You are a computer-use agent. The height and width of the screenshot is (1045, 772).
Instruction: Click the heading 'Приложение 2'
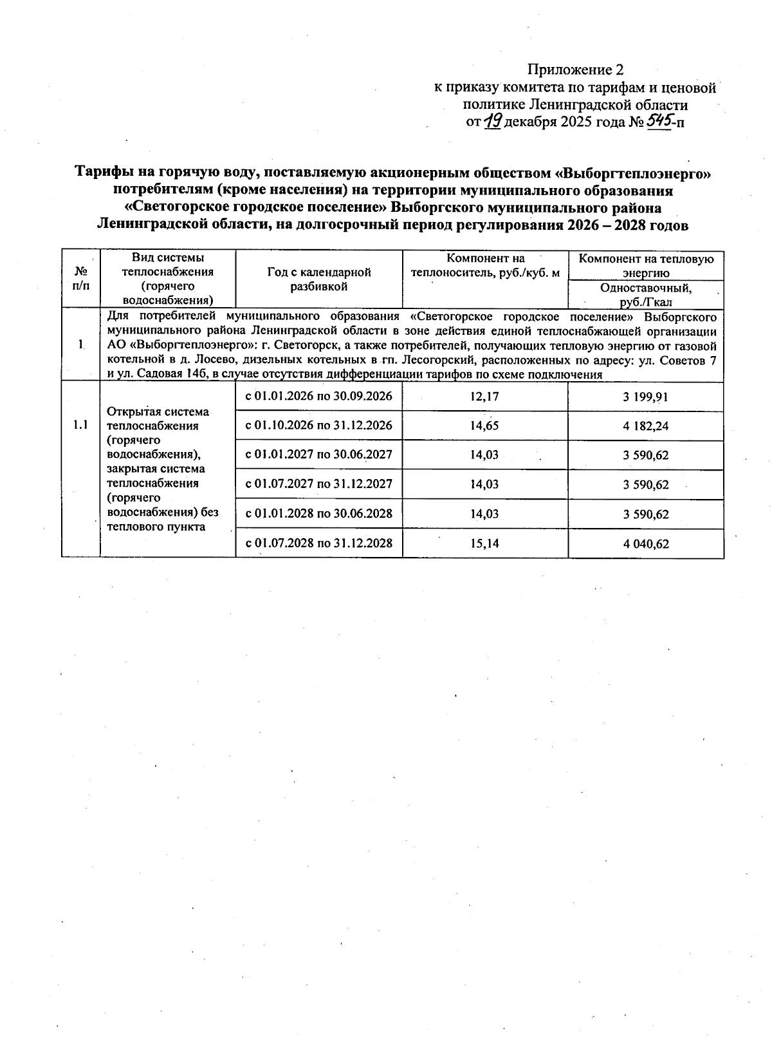click(575, 70)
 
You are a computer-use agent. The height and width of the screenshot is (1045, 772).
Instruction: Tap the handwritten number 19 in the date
click(492, 120)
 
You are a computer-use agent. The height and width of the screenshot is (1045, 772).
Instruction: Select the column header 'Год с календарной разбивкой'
click(319, 279)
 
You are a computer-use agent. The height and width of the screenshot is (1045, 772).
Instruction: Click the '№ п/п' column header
click(81, 279)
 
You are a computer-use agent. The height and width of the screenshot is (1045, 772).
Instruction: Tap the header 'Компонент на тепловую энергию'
click(646, 265)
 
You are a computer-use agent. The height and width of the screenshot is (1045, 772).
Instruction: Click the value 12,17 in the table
click(484, 397)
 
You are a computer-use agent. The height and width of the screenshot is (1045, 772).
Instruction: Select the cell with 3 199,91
click(645, 397)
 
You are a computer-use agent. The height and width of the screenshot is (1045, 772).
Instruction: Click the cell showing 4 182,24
click(645, 426)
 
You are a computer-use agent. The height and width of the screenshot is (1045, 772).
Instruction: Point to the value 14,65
click(484, 426)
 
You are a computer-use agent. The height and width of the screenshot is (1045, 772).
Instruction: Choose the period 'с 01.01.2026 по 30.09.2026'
click(318, 396)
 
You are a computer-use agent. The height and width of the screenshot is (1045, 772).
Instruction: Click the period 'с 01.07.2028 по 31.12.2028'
click(318, 543)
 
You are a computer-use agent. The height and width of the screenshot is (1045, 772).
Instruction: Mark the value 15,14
click(484, 543)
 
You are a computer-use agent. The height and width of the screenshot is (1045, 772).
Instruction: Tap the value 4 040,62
click(645, 544)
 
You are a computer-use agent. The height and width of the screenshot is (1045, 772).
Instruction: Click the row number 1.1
click(80, 425)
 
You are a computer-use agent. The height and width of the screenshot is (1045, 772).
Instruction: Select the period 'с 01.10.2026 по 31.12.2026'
click(318, 426)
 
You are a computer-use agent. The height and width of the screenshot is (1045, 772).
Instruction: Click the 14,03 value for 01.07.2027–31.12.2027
click(484, 484)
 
